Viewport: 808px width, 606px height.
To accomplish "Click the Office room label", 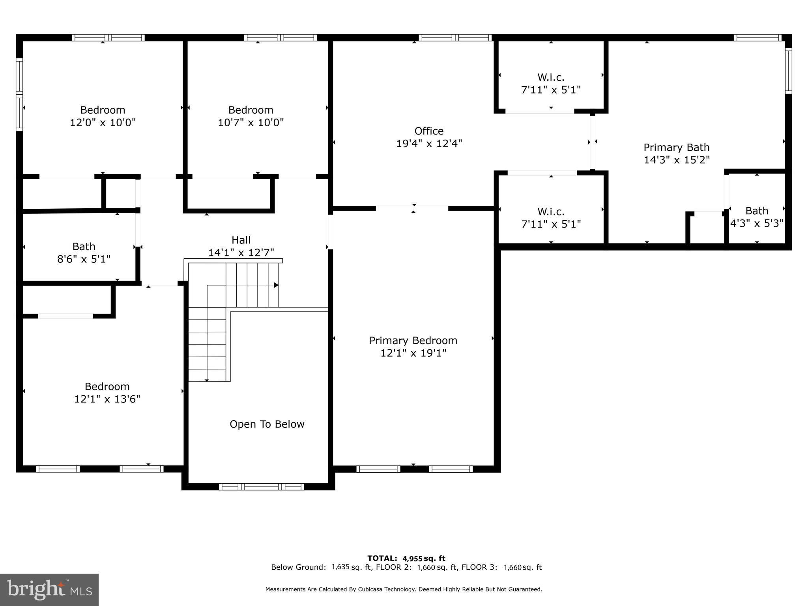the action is coord(429,131).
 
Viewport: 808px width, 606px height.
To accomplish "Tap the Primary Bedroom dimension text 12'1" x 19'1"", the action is coord(413,353).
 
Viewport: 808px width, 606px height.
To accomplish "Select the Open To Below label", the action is coord(267,424).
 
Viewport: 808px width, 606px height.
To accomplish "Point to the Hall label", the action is coord(241,240).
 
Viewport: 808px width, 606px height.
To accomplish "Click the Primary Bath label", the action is coord(677,147).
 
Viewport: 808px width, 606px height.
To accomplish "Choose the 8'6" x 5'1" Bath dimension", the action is coord(84,259).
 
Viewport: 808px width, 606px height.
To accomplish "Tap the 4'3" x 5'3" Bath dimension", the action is coord(757,223).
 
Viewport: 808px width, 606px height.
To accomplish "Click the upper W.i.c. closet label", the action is coord(551,77).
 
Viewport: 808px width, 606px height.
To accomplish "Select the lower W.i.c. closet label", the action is coord(551,211).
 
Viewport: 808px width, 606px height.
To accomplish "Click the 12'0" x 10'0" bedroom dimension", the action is coord(103,122).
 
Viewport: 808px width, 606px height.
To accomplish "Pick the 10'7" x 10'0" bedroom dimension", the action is coord(251,122).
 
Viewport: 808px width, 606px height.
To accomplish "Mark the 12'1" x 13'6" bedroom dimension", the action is coord(107,399).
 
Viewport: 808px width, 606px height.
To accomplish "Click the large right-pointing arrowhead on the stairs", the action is coord(276,285).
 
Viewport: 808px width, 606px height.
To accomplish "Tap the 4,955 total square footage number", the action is coord(412,558).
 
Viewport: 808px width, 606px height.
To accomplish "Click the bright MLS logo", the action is coord(49,589).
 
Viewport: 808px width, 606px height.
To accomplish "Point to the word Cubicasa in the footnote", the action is coord(372,589).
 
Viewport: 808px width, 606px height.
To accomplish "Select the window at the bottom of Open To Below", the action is coord(262,487).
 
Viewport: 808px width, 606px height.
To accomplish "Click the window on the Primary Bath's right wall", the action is coord(788,71).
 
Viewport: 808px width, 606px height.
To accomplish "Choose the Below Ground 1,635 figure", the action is coord(340,567).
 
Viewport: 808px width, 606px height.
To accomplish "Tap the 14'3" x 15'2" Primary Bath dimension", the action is coord(677,160).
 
